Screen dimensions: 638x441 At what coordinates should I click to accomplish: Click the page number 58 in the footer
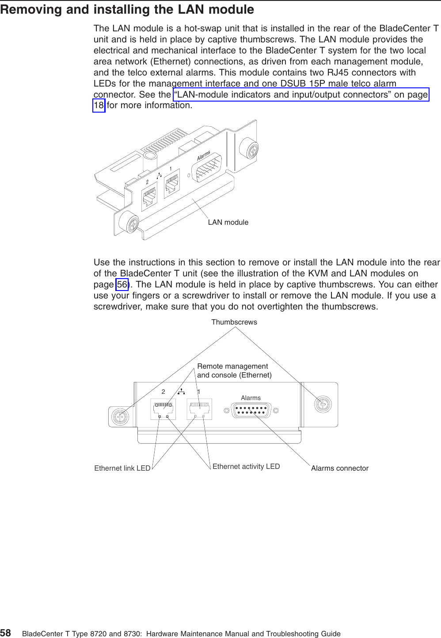click(x=6, y=633)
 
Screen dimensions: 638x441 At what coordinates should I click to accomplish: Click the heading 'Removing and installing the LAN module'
click(x=127, y=9)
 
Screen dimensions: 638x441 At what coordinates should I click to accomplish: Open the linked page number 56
click(x=122, y=285)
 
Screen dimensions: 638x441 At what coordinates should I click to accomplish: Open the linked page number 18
click(x=99, y=106)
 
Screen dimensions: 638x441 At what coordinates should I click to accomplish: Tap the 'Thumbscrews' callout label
click(x=234, y=322)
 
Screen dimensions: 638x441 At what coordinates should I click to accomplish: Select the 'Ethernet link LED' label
click(x=122, y=468)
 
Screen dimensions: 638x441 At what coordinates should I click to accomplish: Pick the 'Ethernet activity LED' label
click(x=246, y=466)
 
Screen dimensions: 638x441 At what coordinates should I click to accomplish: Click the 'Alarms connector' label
click(x=339, y=468)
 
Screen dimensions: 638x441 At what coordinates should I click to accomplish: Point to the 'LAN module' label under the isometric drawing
click(x=228, y=222)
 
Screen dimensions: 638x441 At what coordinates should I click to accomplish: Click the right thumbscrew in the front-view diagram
click(x=323, y=404)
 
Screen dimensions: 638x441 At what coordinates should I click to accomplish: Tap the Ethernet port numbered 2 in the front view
click(x=163, y=409)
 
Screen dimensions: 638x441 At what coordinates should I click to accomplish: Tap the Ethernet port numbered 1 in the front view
click(x=199, y=409)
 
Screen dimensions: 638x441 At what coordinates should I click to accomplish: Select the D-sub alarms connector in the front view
click(x=251, y=411)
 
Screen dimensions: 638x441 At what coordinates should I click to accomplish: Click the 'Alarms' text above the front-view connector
click(x=251, y=398)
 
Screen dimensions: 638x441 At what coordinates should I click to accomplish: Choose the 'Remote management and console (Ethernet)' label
click(x=234, y=370)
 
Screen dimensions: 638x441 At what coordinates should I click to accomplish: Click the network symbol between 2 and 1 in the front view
click(x=181, y=391)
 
